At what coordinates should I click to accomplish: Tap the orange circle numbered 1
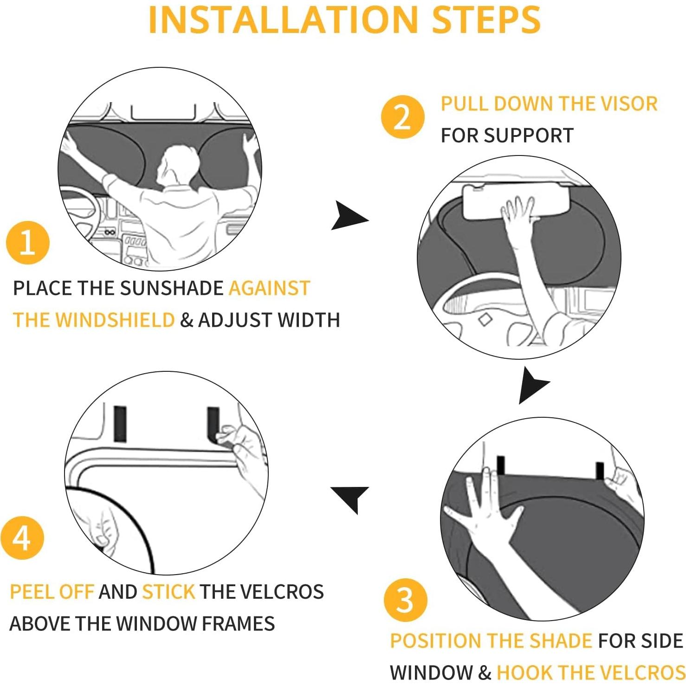pyautogui.click(x=27, y=243)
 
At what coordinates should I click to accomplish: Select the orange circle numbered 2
pyautogui.click(x=402, y=116)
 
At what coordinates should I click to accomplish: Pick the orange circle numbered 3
pyautogui.click(x=405, y=600)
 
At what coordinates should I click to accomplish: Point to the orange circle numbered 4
pyautogui.click(x=22, y=538)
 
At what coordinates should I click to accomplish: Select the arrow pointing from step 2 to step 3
pyautogui.click(x=532, y=385)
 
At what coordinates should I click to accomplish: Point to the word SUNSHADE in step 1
pyautogui.click(x=172, y=288)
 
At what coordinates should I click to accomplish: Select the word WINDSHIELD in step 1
pyautogui.click(x=115, y=320)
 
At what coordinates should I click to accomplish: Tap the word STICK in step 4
pyautogui.click(x=168, y=592)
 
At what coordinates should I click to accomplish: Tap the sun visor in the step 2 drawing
pyautogui.click(x=515, y=201)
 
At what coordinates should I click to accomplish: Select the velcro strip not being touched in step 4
pyautogui.click(x=120, y=424)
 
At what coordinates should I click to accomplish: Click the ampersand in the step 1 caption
pyautogui.click(x=187, y=320)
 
